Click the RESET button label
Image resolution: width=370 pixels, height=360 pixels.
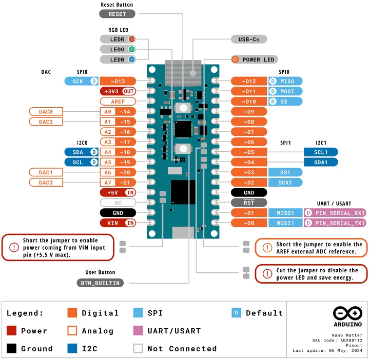117,14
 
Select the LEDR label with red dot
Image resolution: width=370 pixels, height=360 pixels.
118,39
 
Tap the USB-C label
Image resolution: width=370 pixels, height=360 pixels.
248,39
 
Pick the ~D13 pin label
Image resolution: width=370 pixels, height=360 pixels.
118,81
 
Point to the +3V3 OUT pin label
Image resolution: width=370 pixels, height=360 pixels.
118,91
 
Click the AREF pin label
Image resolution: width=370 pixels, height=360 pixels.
118,102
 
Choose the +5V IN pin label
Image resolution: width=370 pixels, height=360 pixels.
118,192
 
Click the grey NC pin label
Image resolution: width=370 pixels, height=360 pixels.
118,203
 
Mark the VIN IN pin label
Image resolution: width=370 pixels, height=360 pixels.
118,223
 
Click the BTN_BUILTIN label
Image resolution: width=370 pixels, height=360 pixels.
100,283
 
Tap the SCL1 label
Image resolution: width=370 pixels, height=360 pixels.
320,152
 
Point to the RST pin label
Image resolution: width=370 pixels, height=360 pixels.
249,203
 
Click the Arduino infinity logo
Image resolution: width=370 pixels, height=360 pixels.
347,313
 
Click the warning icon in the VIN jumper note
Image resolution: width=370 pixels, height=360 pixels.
13,247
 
